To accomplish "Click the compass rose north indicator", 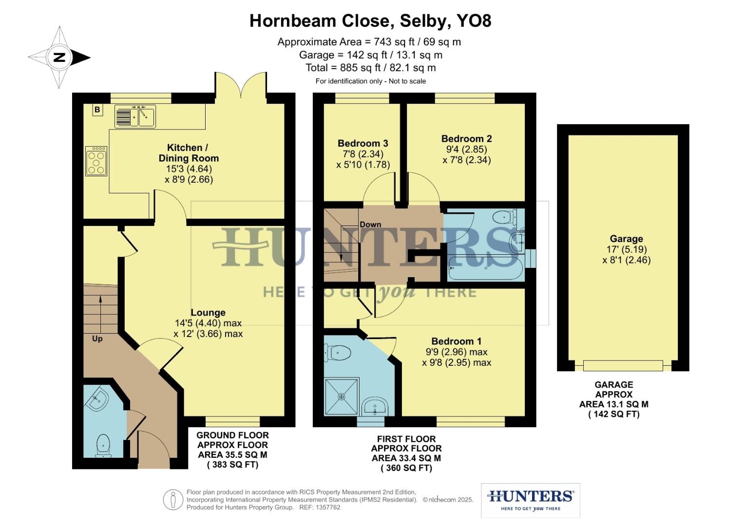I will click(x=59, y=57).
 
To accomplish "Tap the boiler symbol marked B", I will click(x=97, y=110).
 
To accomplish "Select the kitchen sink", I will click(x=135, y=117).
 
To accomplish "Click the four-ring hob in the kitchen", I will click(x=96, y=161).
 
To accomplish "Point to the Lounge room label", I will click(x=208, y=313).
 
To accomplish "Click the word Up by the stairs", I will click(x=97, y=338).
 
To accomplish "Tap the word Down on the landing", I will click(x=370, y=225).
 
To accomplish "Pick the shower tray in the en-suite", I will click(x=342, y=396).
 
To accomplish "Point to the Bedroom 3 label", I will click(x=363, y=143).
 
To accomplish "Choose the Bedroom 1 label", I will click(x=456, y=341).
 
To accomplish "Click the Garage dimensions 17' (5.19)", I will click(x=626, y=249).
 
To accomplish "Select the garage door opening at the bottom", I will click(x=623, y=365).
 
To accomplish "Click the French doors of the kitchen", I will click(x=241, y=88).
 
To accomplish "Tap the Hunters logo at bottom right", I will click(x=531, y=500).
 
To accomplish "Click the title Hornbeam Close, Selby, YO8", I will click(x=370, y=21).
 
